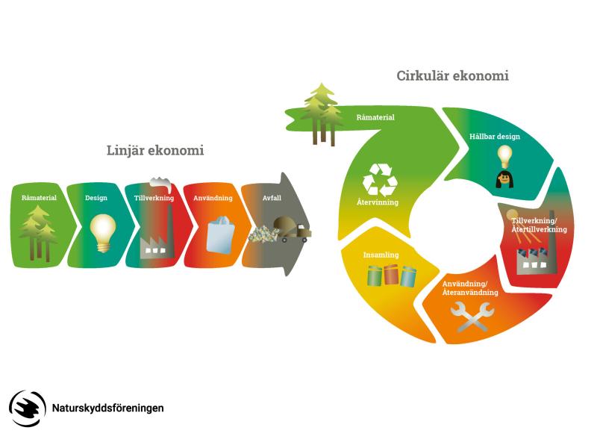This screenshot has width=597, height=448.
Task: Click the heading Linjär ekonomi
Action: (x=155, y=151)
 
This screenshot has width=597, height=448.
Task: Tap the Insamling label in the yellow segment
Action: (x=381, y=255)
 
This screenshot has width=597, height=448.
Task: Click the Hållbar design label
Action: (x=495, y=137)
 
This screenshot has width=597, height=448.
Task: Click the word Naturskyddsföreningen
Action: (x=108, y=408)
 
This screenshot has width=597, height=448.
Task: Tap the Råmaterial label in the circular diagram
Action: (x=375, y=117)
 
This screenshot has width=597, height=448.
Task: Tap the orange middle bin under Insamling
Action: (x=391, y=277)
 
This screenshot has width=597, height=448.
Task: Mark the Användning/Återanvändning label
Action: (x=465, y=288)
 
